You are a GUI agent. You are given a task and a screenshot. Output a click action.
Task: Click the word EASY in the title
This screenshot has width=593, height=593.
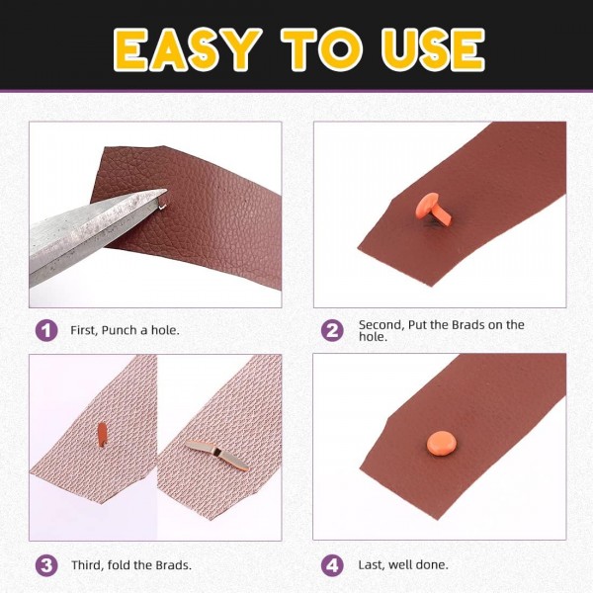188,47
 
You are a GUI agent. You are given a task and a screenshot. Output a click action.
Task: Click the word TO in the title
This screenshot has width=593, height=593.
310,47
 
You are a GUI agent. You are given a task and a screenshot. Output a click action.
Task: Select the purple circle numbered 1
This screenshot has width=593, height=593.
45,330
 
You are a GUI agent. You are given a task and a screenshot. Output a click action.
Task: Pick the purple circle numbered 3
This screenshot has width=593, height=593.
45,565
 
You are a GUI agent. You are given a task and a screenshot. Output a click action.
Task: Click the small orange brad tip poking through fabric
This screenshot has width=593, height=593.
101,433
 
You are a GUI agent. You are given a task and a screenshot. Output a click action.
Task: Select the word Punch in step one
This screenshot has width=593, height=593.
116,330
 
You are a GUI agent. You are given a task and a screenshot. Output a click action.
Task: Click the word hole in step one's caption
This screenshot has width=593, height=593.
162,330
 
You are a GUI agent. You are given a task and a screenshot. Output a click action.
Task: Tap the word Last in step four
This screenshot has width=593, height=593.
370,565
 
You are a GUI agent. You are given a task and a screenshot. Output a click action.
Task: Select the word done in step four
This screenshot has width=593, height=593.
431,565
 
